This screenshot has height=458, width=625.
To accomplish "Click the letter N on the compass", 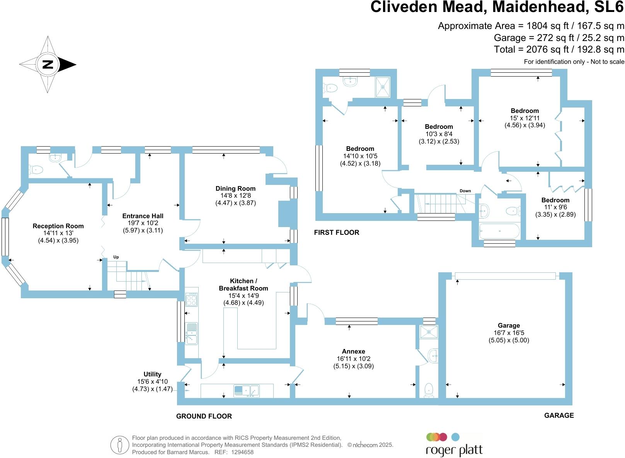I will (48, 64).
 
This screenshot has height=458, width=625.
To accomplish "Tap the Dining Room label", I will (235, 188).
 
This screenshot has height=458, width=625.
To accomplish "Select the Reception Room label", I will (58, 226).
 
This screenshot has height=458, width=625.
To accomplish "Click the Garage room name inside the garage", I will (509, 325).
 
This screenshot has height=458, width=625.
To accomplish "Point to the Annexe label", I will (353, 351).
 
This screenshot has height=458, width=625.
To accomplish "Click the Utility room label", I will (152, 374).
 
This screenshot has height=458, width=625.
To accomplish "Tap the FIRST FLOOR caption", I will (336, 232).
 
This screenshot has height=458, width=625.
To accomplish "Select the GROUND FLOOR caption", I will (204, 416).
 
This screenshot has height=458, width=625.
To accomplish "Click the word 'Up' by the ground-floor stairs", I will (116, 257).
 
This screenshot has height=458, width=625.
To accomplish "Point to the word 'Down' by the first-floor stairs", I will (465, 191).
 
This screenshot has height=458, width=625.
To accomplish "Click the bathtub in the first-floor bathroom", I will (499, 231).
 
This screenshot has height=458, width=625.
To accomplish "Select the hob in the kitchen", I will (191, 299).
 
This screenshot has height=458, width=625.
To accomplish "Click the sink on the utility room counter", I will (246, 391).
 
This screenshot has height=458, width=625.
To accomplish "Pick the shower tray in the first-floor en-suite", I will (383, 87).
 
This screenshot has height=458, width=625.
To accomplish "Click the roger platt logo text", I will (454, 450).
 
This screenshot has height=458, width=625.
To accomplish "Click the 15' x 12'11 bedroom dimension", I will (525, 118).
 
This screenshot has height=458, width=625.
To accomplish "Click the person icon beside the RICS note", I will (119, 445).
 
